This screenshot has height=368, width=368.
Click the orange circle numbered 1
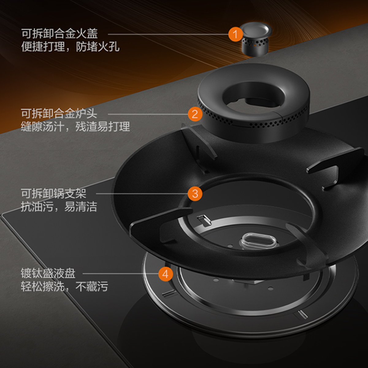coord(236,34)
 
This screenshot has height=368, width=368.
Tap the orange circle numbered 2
coord(195,114)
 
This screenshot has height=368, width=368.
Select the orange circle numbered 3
coord(195,194)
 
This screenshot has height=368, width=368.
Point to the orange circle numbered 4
coord(166,274)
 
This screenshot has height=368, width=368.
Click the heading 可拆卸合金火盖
coord(59,34)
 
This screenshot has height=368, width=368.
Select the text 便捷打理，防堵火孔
coord(70,47)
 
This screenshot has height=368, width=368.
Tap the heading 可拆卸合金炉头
coord(59,113)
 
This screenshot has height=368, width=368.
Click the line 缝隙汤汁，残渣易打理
coord(75,126)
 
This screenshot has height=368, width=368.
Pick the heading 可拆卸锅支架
coord(54,194)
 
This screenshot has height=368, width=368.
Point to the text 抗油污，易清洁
coord(59,206)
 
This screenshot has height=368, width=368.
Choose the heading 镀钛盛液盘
coord(48,273)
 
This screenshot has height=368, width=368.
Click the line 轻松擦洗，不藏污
coord(64,286)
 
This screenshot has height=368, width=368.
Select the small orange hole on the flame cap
coord(255,45)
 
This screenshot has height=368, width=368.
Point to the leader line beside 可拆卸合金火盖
coord(168,34)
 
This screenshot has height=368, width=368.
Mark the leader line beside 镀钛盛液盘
coord(121,274)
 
